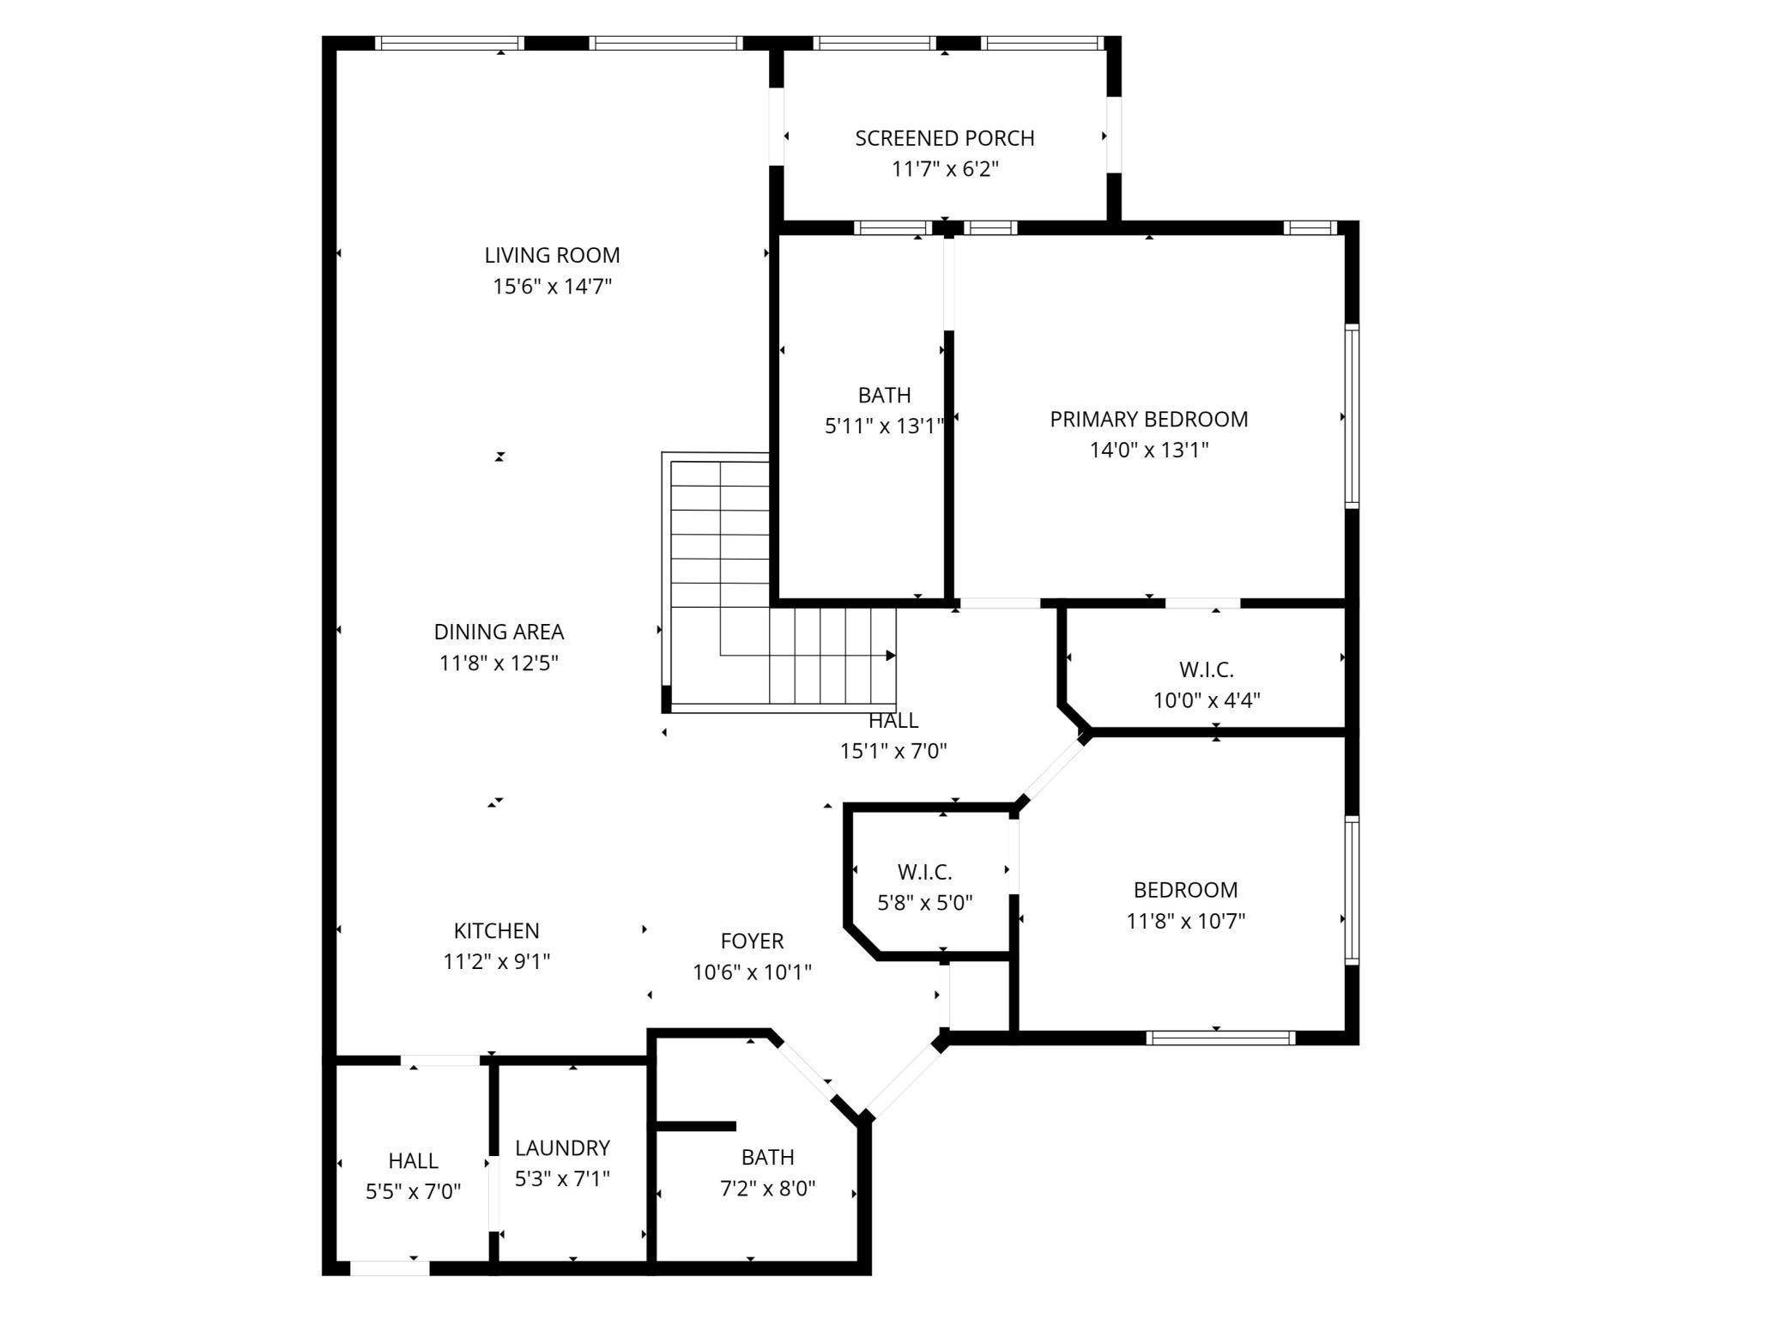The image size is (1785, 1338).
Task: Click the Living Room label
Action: tap(552, 255)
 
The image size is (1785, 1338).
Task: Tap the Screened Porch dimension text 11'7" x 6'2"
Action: tap(945, 169)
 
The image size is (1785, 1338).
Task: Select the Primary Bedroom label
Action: tap(1149, 419)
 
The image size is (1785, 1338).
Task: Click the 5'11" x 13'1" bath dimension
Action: tap(885, 426)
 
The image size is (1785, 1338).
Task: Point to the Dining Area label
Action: tap(499, 632)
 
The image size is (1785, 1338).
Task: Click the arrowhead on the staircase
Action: tap(891, 656)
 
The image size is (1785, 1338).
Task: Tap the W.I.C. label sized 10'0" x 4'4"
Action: tap(1206, 669)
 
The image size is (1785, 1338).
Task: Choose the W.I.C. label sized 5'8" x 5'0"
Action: tap(925, 872)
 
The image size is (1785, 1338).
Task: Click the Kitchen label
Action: tap(496, 930)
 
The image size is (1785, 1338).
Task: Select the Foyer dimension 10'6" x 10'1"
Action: tap(753, 972)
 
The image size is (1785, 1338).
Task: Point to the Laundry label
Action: tap(562, 1147)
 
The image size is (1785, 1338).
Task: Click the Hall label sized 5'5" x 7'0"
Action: tap(413, 1160)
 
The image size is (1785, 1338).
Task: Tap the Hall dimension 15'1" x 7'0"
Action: tap(893, 751)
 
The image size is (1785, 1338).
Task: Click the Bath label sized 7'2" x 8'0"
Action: tap(767, 1157)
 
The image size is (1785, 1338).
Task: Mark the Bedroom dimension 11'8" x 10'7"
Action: tap(1186, 921)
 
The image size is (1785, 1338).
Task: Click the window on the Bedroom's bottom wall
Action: tap(1220, 1038)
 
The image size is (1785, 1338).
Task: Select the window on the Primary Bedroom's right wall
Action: tap(1352, 417)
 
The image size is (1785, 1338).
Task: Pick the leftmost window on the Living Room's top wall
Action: tap(449, 43)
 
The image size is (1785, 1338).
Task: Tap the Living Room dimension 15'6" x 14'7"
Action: tap(552, 286)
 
